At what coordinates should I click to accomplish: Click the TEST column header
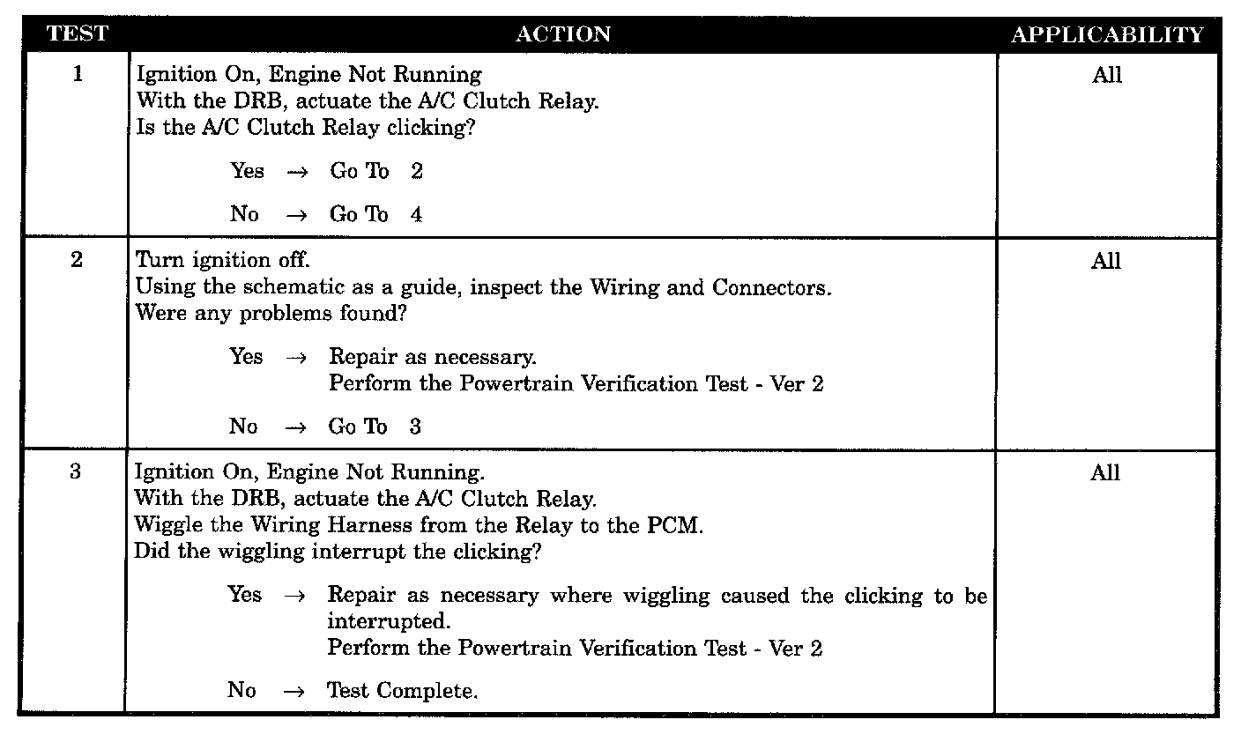coord(78,34)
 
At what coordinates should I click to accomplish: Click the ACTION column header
coord(562,34)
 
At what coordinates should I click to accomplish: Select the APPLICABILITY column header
coord(1107,35)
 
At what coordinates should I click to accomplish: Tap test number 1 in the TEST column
coord(78,75)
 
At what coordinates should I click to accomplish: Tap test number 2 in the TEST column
coord(77,261)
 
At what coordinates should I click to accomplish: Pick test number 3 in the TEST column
coord(76,472)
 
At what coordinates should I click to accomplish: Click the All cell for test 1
coord(1107,76)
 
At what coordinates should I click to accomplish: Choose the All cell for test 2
coord(1106,262)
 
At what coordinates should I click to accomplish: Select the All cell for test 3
coord(1105,473)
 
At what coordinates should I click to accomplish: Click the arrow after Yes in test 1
coord(297,173)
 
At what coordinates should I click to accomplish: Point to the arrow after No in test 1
coord(296,216)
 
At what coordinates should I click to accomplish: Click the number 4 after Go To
coord(416,215)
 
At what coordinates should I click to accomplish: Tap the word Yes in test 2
coord(246,357)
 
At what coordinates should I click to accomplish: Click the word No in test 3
coord(242,690)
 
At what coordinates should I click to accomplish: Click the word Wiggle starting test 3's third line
coord(165,525)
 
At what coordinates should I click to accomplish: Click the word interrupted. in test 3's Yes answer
coord(389,621)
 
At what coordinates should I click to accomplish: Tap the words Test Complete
coord(402,691)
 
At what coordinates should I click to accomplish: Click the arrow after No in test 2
coord(295,427)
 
